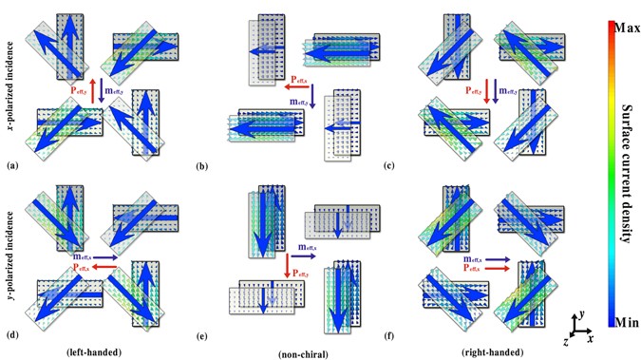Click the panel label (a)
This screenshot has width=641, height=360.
tap(12, 166)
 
